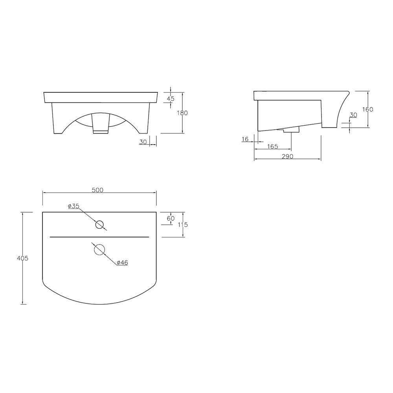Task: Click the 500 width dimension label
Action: (x=97, y=190)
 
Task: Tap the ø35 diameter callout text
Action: (x=73, y=206)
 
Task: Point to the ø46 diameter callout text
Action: (x=122, y=263)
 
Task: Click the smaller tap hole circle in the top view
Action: (x=100, y=225)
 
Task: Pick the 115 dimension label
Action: (x=183, y=225)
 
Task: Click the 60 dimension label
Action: (x=171, y=219)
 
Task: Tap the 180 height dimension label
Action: (x=182, y=113)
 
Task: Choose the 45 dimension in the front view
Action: (x=171, y=99)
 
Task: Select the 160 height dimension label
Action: (x=367, y=110)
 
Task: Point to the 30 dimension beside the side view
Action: (x=353, y=115)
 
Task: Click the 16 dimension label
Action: (x=246, y=139)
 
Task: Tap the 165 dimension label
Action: (x=272, y=147)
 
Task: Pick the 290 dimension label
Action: (x=287, y=156)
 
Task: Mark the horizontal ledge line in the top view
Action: (x=99, y=237)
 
